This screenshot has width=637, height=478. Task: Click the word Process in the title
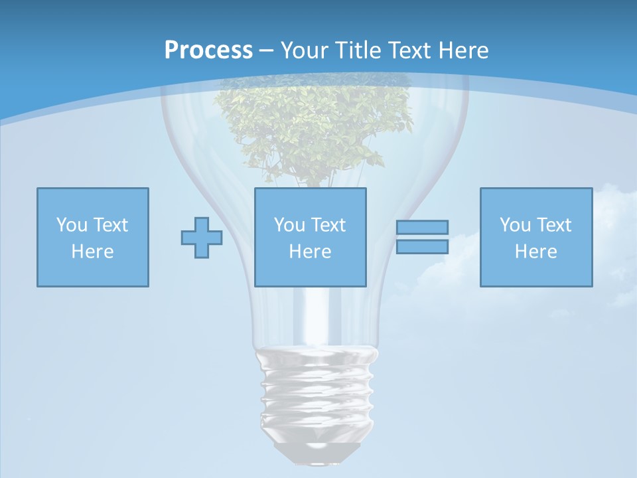tap(208, 50)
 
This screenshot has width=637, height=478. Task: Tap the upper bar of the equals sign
tap(422, 227)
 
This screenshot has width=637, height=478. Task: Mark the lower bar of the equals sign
tap(422, 247)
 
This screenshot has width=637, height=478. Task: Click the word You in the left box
tap(71, 225)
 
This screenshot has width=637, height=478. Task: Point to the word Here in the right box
tap(535, 252)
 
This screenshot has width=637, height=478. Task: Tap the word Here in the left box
tap(92, 252)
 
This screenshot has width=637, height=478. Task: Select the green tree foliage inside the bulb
tap(312, 126)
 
